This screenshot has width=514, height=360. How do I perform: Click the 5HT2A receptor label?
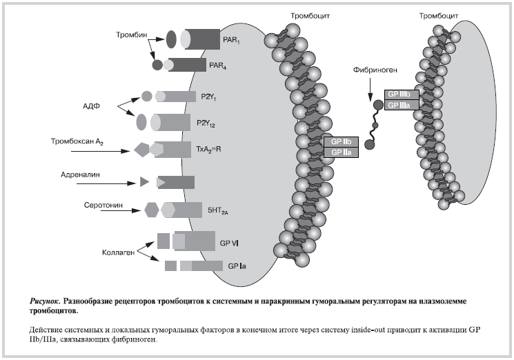click(x=210, y=210)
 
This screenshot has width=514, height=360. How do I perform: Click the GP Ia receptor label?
click(x=235, y=266)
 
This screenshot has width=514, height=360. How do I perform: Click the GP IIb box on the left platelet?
click(x=342, y=141)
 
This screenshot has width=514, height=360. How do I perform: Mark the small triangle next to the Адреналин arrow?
click(x=144, y=182)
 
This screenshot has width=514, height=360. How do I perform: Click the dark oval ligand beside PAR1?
click(x=172, y=39)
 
